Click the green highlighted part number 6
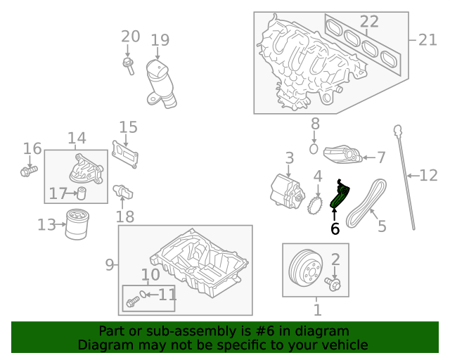pyautogui.click(x=340, y=195)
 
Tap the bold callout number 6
pyautogui.click(x=335, y=229)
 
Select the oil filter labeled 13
pyautogui.click(x=77, y=224)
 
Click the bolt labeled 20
pyautogui.click(x=128, y=66)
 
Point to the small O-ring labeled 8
pyautogui.click(x=314, y=149)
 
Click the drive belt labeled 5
pyautogui.click(x=366, y=203)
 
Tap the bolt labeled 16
pyautogui.click(x=29, y=171)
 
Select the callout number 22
pyautogui.click(x=369, y=22)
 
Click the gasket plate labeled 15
pyautogui.click(x=125, y=155)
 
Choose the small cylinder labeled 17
pyautogui.click(x=82, y=193)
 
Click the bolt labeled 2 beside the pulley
pyautogui.click(x=333, y=284)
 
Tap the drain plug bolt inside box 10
pyautogui.click(x=133, y=302)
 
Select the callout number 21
pyautogui.click(x=427, y=40)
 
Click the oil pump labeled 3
pyautogui.click(x=288, y=191)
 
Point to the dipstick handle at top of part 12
pyautogui.click(x=397, y=131)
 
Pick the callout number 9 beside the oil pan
pyautogui.click(x=110, y=264)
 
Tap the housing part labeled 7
pyautogui.click(x=343, y=155)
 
